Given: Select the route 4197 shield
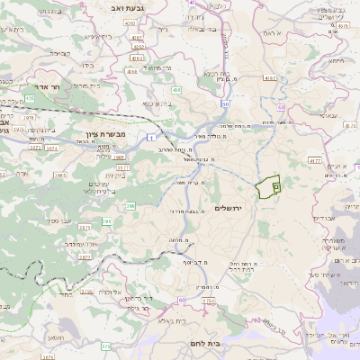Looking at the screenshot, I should [x=268, y=78].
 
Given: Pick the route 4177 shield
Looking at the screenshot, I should [x=313, y=159].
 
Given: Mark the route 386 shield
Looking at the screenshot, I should [x=130, y=206].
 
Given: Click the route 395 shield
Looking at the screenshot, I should [x=108, y=220].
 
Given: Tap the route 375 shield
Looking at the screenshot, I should [x=106, y=346].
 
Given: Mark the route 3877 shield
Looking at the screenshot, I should [x=122, y=166].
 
